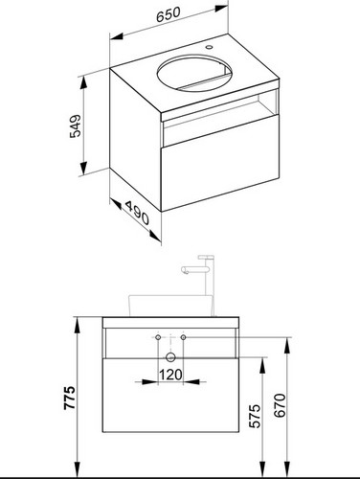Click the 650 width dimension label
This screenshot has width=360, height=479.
pos(169,14)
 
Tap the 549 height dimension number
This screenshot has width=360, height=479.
pos(76,125)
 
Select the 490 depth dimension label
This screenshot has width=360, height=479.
pos(137,213)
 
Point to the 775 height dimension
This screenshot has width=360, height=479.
pos(69,398)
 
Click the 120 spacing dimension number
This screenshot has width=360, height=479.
pos(170,375)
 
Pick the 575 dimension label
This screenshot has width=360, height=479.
pos(255,416)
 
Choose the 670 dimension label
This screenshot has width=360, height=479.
pos(280,405)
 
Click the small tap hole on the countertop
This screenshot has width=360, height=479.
pos(210,48)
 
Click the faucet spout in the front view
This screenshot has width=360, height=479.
pos(189,270)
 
